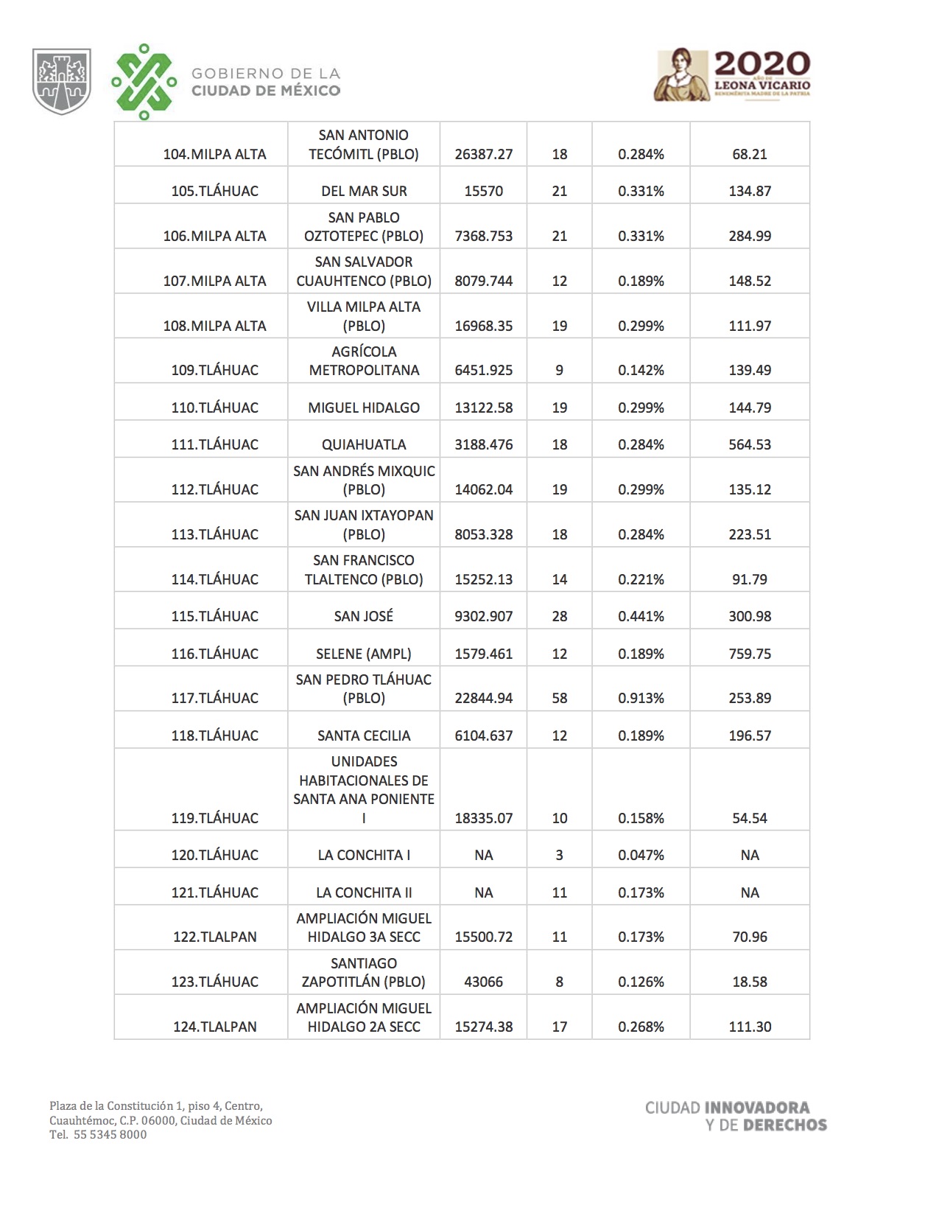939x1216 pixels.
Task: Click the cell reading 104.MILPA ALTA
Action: pos(214,154)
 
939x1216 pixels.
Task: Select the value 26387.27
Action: pos(483,154)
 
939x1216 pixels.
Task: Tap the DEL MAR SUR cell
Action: pos(364,191)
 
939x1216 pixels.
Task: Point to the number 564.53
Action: pos(750,444)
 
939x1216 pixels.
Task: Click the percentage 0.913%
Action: pos(641,698)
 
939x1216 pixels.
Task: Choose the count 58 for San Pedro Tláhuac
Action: pos(559,698)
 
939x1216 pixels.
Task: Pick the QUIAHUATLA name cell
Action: pos(364,444)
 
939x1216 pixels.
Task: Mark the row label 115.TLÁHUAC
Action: pos(214,616)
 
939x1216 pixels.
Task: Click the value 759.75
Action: pos(750,654)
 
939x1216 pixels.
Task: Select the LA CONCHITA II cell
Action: pos(364,892)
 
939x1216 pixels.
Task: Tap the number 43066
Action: pos(483,982)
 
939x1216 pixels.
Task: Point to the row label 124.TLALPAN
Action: pos(214,1027)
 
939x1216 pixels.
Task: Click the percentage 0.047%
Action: pos(641,855)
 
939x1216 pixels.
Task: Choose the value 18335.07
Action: pos(483,818)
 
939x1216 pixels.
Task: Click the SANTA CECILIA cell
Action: pos(364,735)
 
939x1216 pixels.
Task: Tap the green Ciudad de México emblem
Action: pos(144,82)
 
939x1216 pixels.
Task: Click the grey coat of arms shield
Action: pos(62,81)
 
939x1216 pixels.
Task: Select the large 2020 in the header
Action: pos(762,63)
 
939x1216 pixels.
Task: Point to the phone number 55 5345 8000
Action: pos(110,1135)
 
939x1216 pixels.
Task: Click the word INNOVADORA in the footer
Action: pos(757,1108)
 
